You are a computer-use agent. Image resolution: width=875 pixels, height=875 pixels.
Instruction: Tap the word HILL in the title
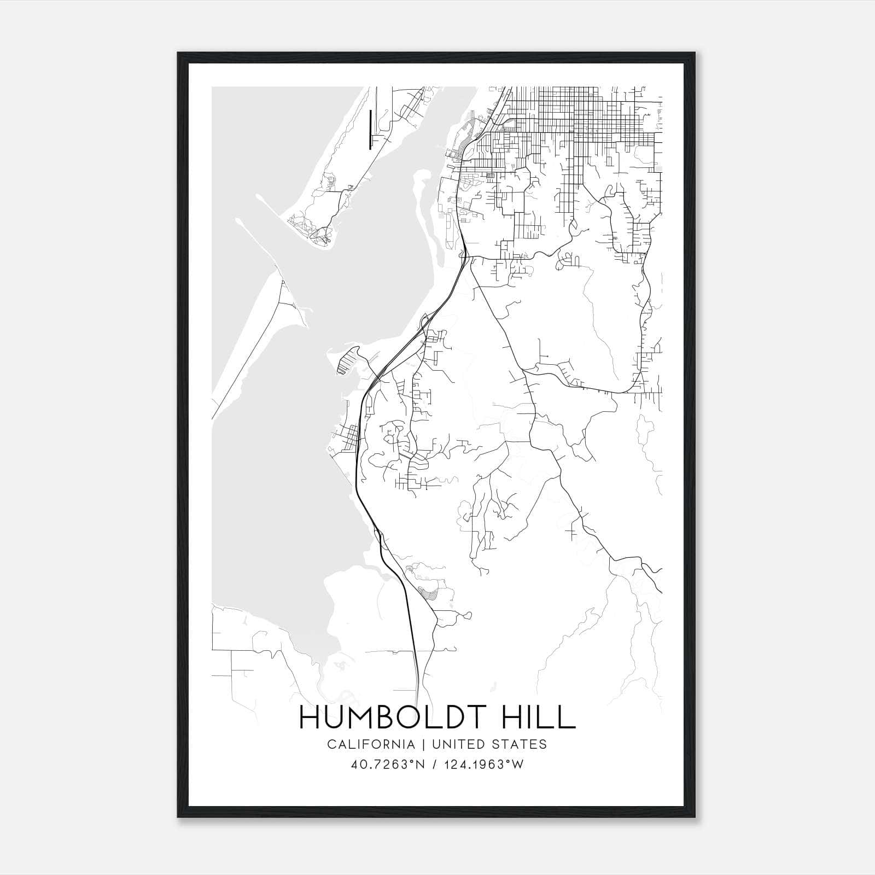coord(541,717)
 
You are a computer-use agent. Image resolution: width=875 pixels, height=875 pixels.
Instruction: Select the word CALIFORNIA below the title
coord(370,744)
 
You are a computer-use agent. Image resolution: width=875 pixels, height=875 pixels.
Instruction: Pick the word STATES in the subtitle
coord(522,744)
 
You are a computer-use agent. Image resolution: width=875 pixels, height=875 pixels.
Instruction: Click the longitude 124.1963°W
coord(483,765)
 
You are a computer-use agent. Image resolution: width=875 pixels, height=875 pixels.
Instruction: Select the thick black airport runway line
coord(370,129)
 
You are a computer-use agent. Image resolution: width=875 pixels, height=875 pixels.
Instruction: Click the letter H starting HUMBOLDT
coord(310,717)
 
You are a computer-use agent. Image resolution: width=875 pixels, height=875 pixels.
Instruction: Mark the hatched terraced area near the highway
coord(427,593)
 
